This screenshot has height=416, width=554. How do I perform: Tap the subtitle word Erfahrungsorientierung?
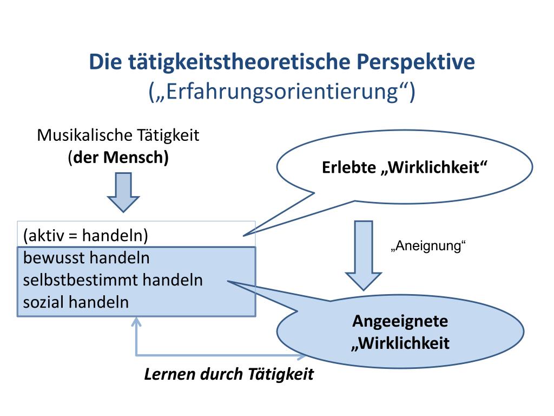(282, 91)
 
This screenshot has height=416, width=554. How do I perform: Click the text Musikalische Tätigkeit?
(118, 135)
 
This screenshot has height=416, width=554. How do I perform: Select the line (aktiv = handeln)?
(86, 235)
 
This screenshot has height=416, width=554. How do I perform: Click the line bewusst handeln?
(87, 258)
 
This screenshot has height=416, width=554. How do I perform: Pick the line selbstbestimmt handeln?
(113, 279)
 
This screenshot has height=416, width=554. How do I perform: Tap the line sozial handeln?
(76, 302)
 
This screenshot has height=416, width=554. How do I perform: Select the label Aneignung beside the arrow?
(428, 246)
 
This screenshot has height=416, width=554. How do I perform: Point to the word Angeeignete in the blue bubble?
(400, 321)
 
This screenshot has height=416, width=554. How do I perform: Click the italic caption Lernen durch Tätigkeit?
(229, 374)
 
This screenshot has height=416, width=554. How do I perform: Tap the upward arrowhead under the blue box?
(136, 323)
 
